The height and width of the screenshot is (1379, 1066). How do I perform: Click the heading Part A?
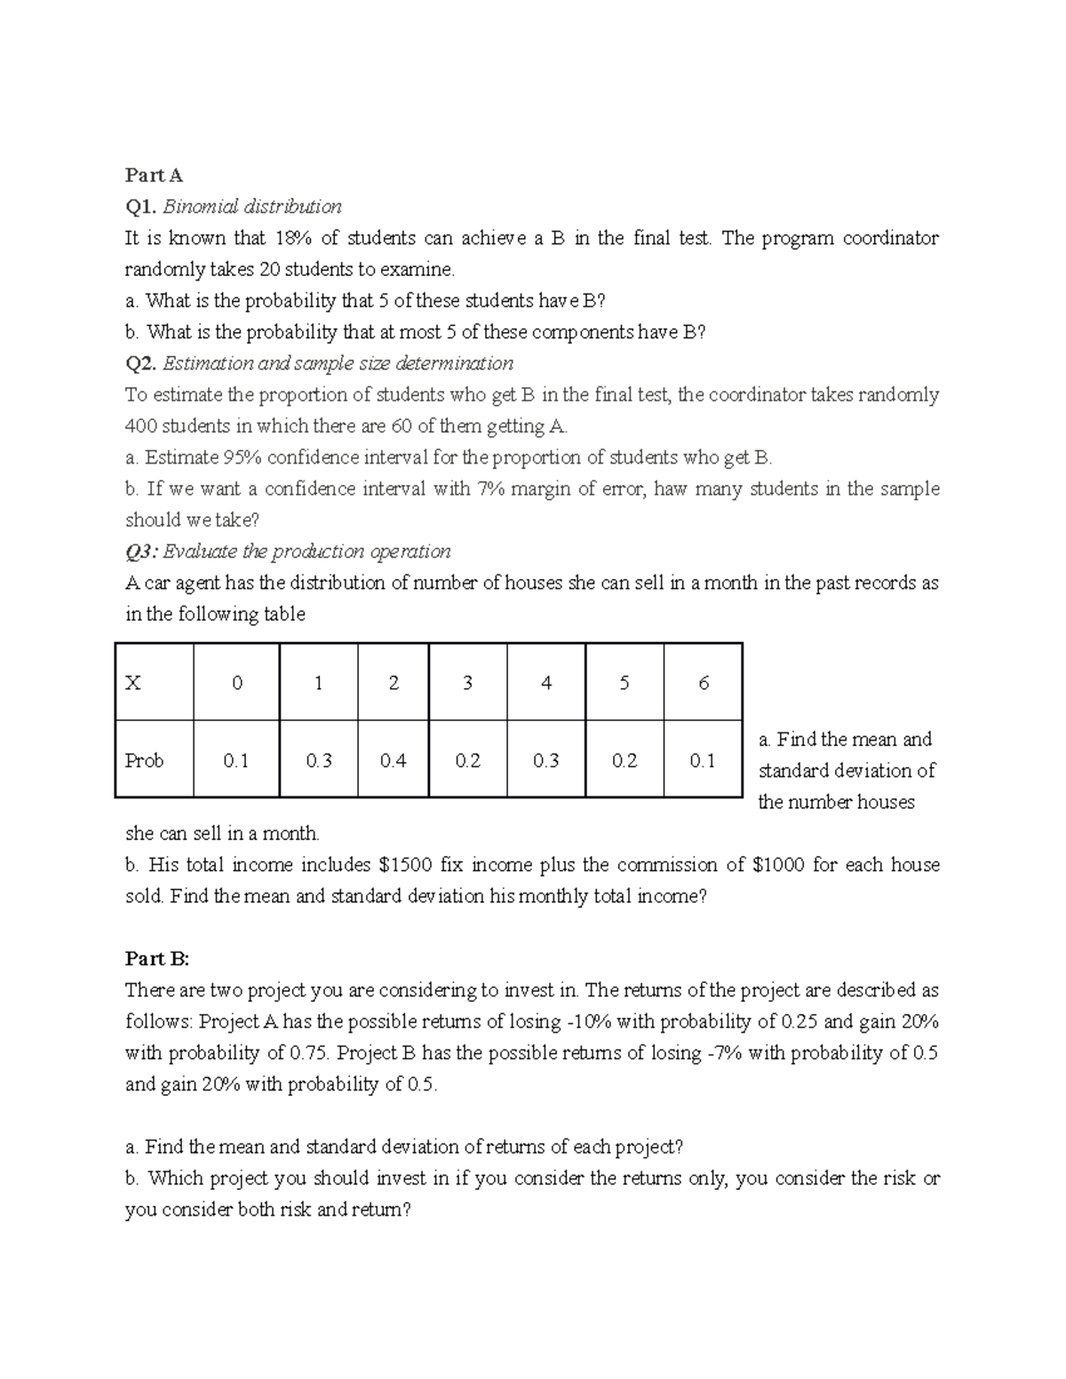pyautogui.click(x=154, y=175)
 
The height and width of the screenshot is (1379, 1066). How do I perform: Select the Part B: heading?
pyautogui.click(x=157, y=959)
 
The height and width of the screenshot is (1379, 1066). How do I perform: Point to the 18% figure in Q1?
pyautogui.click(x=294, y=238)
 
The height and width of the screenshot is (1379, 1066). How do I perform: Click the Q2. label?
pyautogui.click(x=141, y=363)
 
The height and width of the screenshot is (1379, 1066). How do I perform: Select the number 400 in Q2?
pyautogui.click(x=139, y=426)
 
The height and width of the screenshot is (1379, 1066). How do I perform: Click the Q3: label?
pyautogui.click(x=142, y=551)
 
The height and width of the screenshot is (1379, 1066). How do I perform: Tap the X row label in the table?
pyautogui.click(x=133, y=683)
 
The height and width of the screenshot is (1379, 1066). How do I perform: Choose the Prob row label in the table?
pyautogui.click(x=144, y=761)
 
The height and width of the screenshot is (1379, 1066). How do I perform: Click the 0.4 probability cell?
pyautogui.click(x=393, y=761)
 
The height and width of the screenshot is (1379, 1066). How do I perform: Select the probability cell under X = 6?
pyautogui.click(x=703, y=761)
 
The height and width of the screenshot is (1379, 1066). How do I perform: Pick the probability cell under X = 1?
pyautogui.click(x=318, y=761)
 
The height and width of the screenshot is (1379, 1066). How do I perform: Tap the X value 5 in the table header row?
pyautogui.click(x=624, y=683)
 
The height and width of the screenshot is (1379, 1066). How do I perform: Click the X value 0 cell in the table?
pyautogui.click(x=236, y=683)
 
